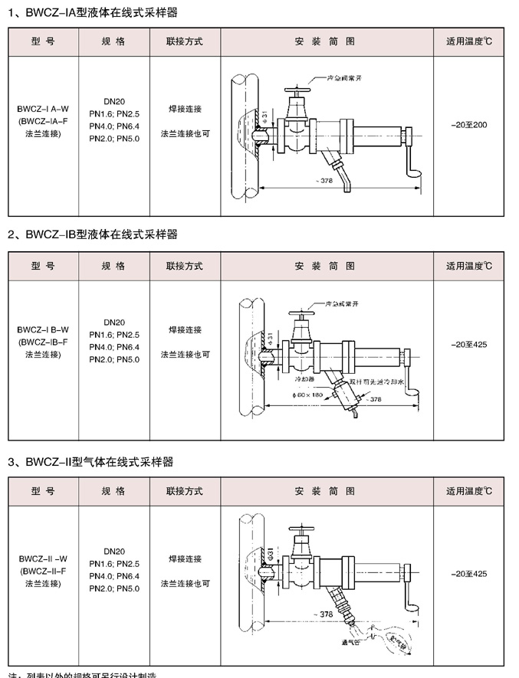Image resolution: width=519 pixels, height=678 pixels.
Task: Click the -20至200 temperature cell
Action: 470,124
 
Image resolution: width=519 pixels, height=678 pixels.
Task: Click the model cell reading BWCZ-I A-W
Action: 44,109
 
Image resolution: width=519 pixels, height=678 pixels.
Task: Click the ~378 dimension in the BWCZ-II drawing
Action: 325,614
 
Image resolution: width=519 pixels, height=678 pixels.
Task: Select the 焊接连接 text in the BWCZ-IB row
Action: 185,330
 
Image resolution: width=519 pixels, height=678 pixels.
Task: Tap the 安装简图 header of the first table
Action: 325,41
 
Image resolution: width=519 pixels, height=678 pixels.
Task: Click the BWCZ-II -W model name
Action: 44,558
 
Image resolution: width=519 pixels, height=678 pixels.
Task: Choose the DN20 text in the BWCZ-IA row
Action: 113,100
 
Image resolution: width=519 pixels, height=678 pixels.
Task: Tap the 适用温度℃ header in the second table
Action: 470,267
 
